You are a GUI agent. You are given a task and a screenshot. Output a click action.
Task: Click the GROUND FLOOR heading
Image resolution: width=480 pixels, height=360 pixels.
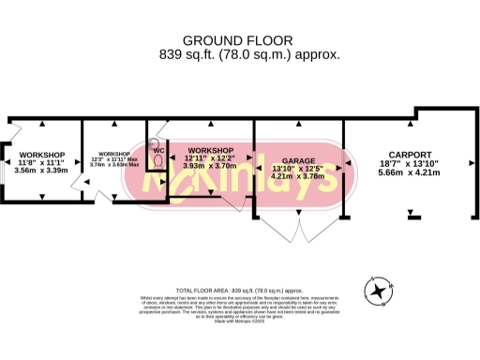click(236, 40)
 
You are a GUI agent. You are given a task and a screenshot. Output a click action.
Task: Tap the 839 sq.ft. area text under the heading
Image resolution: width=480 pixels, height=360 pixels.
click(236, 54)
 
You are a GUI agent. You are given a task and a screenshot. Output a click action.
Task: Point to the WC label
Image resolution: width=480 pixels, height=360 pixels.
click(159, 150)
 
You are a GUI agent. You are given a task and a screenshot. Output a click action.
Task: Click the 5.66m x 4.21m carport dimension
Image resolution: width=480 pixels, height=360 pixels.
click(410, 172)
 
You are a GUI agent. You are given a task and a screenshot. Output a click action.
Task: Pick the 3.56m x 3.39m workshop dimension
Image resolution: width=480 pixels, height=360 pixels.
click(41, 171)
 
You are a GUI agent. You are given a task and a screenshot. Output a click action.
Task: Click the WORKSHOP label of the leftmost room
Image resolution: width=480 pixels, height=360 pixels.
click(41, 154)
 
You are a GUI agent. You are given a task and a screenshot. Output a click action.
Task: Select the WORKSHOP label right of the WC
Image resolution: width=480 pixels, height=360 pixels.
click(210, 150)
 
